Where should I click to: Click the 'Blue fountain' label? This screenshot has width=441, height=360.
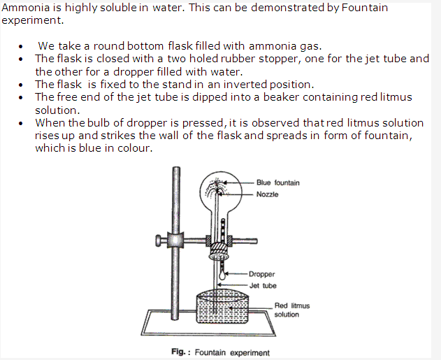[x=278, y=183]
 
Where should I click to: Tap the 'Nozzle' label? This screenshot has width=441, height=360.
[x=267, y=194]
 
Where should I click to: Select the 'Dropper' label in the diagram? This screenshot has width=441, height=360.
[x=262, y=274]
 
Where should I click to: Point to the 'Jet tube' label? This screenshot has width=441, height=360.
[x=263, y=286]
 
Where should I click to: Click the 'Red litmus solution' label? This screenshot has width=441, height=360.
[x=292, y=310]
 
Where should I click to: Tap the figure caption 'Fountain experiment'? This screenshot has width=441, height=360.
[x=232, y=352]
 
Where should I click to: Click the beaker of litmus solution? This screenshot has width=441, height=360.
[x=222, y=307]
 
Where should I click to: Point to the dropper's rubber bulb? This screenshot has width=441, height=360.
[x=222, y=275]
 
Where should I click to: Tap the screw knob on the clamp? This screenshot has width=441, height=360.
[x=159, y=241]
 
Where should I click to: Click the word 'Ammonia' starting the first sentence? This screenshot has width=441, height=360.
[x=26, y=8]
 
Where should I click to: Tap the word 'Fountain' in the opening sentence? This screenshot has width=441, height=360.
[x=365, y=8]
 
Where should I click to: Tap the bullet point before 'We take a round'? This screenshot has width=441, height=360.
[x=20, y=46]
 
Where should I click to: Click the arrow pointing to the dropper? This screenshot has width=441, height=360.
[x=236, y=273]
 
